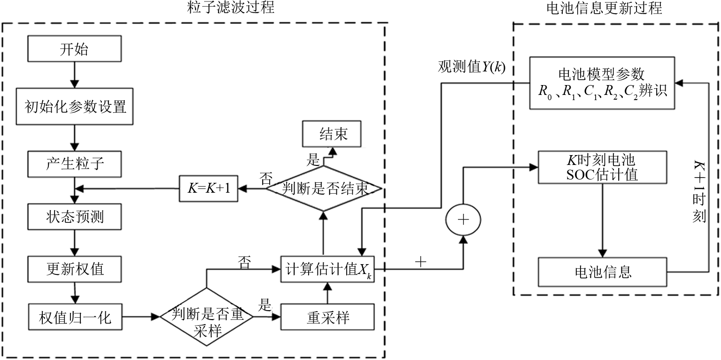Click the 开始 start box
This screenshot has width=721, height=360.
tap(75, 49)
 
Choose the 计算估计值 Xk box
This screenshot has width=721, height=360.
tap(327, 269)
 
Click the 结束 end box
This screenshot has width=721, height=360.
tap(333, 135)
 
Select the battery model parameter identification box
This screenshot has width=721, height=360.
tap(604, 82)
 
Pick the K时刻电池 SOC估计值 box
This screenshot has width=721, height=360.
tap(604, 167)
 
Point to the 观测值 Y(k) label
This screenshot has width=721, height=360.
tap(472, 67)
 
